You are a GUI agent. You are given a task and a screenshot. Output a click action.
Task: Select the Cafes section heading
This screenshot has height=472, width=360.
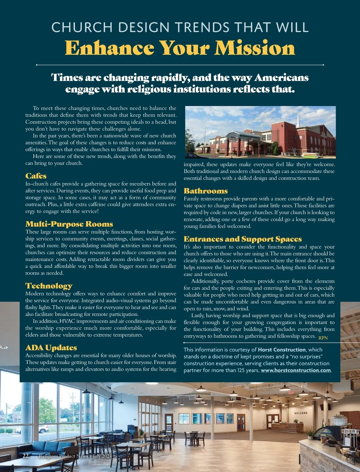coord(36,176)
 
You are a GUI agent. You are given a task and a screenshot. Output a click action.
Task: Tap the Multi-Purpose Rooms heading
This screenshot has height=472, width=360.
coord(69,224)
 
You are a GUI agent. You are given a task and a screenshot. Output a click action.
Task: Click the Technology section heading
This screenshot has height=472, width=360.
coord(49,286)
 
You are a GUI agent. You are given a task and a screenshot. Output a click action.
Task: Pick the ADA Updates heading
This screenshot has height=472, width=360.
coord(51,348)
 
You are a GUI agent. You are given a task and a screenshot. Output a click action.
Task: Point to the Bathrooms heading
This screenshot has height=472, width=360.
coord(206,191)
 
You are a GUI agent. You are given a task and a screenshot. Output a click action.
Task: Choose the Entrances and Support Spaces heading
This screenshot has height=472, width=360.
coord(243,239)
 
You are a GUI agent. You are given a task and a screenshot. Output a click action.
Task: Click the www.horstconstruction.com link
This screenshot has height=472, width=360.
coord(296,370)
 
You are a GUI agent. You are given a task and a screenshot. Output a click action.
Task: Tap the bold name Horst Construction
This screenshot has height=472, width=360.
coord(282,350)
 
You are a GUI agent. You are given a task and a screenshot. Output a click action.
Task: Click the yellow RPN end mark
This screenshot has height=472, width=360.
coord(323,338)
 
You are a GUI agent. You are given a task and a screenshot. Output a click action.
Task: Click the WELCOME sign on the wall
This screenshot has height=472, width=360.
coord(301,413)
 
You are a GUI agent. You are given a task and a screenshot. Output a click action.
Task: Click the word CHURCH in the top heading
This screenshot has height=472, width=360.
coord(82,28)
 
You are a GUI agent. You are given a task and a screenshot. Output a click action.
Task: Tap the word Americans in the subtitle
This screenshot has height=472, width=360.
coord(281,78)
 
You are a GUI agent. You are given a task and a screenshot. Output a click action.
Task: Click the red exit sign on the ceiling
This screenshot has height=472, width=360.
coord(291,392)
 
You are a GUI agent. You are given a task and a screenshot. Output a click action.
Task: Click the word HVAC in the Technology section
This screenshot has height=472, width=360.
coord(67,321)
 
